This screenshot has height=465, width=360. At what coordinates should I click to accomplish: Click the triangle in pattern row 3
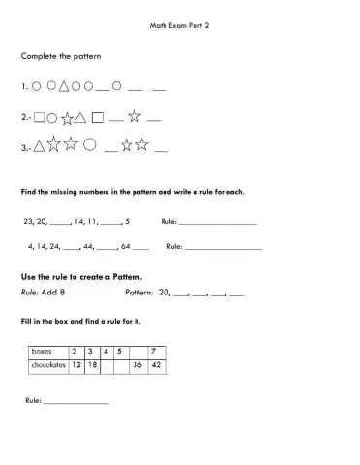point(39,147)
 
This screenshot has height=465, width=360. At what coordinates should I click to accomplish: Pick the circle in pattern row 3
point(89,147)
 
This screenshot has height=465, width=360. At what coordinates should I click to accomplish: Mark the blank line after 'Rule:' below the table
point(75,400)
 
